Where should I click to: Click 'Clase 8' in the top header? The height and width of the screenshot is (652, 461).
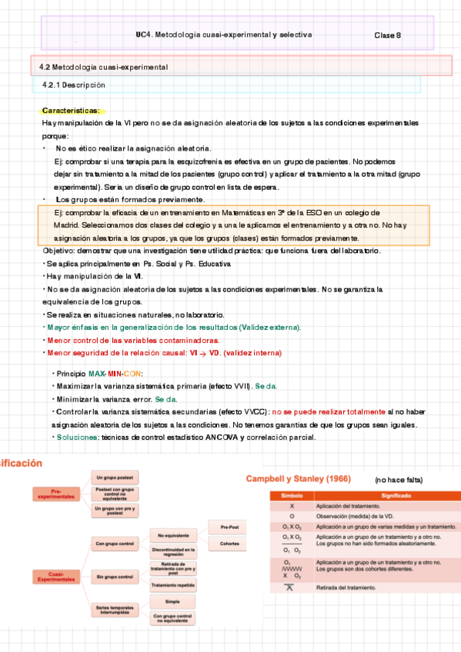click(x=387, y=35)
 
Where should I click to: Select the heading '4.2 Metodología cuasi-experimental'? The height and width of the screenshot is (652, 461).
click(x=103, y=68)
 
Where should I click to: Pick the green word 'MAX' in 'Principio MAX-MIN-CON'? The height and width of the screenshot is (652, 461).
click(x=97, y=374)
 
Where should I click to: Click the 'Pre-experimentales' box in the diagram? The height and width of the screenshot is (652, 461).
click(x=55, y=494)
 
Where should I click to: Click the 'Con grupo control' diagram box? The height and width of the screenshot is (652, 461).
click(x=115, y=544)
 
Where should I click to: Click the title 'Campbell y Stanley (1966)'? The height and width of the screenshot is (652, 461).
click(x=298, y=479)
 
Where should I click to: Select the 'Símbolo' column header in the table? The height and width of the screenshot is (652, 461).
click(x=292, y=497)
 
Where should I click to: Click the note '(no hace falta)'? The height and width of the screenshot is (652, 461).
click(x=399, y=480)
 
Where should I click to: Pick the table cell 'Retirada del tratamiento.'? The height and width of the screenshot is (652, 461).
click(x=346, y=587)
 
